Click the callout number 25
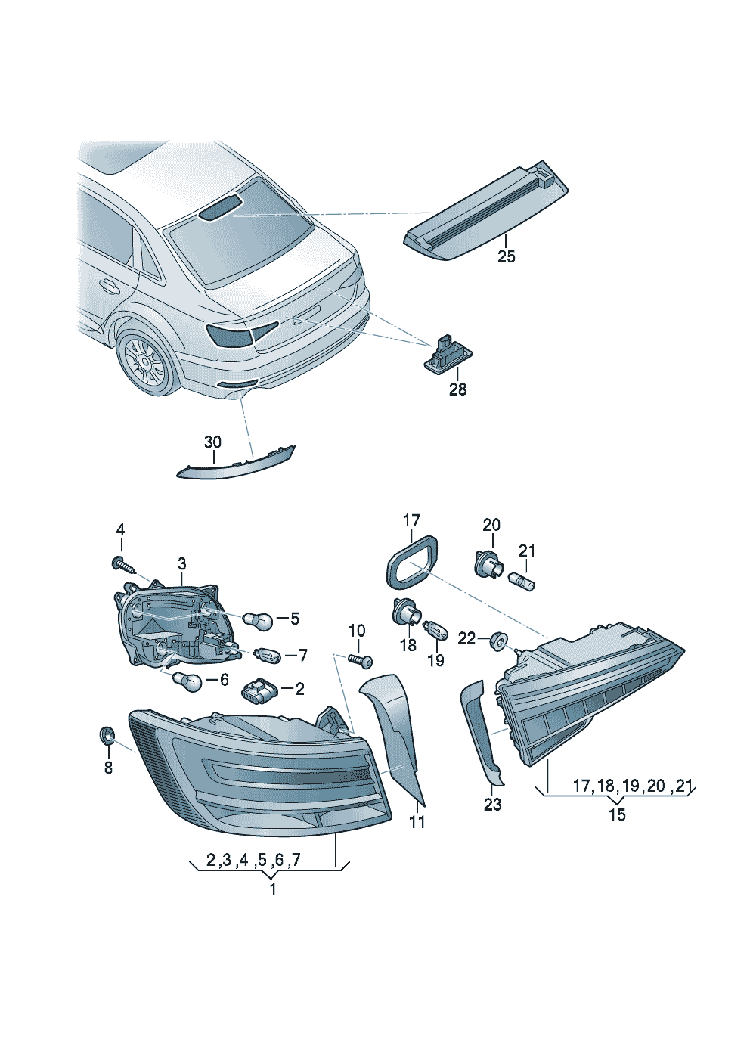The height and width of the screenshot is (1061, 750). click(x=506, y=257)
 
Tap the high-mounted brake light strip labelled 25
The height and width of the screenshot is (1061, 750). click(x=488, y=212)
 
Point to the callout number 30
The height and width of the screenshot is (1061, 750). click(x=212, y=442)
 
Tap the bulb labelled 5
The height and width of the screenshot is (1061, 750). click(x=258, y=620)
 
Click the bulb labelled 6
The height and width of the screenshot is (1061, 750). click(x=187, y=682)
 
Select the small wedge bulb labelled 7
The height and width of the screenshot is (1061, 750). click(x=266, y=654)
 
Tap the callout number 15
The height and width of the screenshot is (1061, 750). click(x=617, y=814)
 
